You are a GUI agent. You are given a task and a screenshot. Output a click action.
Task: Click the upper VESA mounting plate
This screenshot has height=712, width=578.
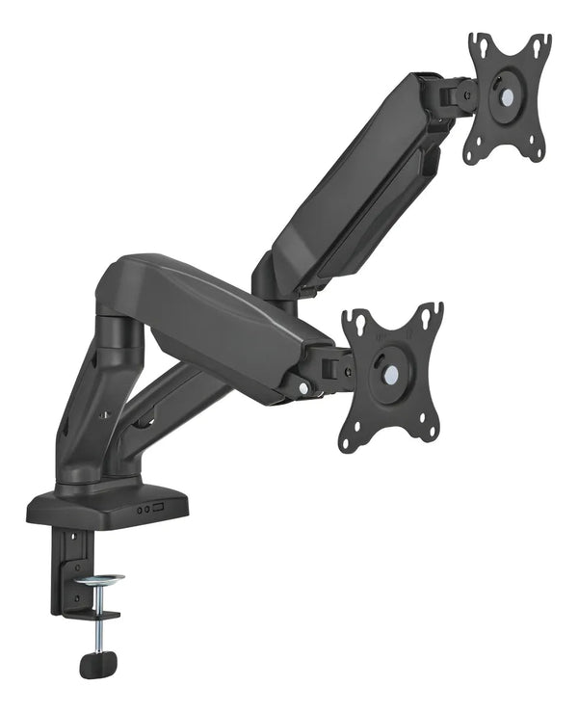click(508, 96)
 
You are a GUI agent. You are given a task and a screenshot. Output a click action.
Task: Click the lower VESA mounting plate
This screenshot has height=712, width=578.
click(391, 376)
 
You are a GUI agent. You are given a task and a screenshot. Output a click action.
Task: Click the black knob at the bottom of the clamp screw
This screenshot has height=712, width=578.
click(98, 664)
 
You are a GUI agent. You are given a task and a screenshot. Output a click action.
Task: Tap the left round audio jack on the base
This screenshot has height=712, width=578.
click(139, 510)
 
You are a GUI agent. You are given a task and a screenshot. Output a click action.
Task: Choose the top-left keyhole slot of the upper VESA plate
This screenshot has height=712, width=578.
click(479, 43)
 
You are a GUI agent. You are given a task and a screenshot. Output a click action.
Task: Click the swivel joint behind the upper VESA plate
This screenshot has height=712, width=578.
click(453, 94)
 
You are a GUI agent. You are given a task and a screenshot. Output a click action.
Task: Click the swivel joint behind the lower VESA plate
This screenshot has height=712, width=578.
click(332, 368)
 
